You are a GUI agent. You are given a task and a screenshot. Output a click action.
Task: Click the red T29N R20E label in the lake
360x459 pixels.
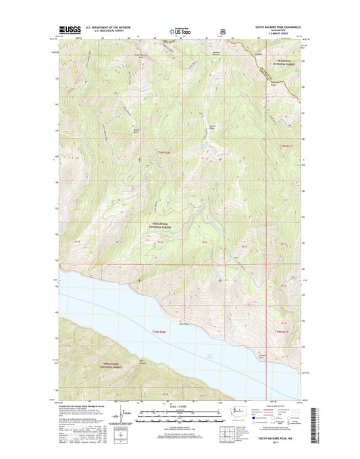[x=155, y=329]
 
